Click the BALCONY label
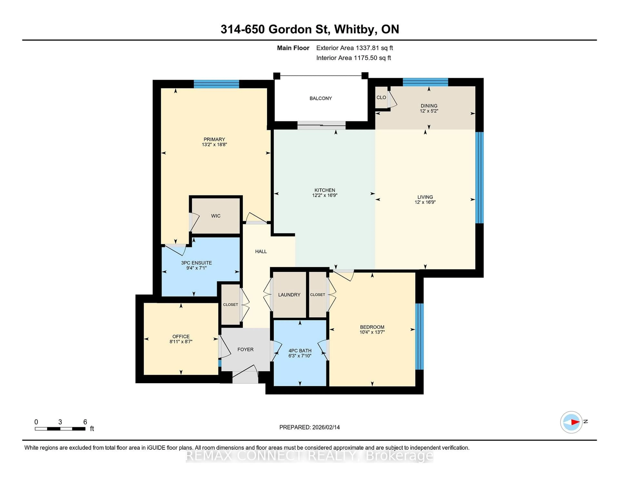[x=321, y=98]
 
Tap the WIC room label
[x=216, y=216]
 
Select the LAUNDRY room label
[x=289, y=295]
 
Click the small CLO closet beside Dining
[x=381, y=97]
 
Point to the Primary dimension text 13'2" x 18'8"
[x=214, y=144]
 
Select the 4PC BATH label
[x=300, y=351]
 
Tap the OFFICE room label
[x=181, y=336]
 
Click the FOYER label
[x=246, y=350]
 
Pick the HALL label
[x=261, y=251]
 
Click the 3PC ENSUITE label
[x=196, y=263]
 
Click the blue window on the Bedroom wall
[x=419, y=336]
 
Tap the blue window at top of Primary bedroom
[x=216, y=84]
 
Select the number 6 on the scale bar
[x=85, y=422]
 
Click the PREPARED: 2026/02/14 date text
[x=309, y=427]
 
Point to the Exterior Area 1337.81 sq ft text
[x=355, y=48]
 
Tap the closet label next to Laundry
[x=317, y=295]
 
